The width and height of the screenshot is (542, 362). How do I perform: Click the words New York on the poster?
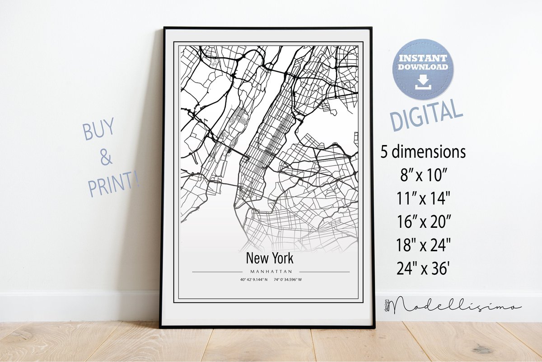[270, 258]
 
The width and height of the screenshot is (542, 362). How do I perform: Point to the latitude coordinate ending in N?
[254, 279]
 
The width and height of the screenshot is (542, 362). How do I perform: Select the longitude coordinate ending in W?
[287, 279]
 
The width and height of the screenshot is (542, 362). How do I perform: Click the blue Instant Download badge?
[422, 69]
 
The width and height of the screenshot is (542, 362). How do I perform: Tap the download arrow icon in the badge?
[423, 82]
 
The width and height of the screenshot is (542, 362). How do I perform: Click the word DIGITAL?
[426, 115]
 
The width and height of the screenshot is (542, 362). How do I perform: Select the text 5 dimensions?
[423, 152]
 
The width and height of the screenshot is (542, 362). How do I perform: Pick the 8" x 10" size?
[423, 175]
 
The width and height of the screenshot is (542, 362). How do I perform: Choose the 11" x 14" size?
[423, 198]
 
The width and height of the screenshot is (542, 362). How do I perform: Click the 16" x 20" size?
[423, 222]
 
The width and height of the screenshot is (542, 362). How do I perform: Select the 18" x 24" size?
[423, 245]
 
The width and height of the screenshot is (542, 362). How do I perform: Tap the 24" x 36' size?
[423, 269]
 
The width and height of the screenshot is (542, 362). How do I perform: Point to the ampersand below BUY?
[105, 158]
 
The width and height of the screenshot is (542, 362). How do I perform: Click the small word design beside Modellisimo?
[387, 305]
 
